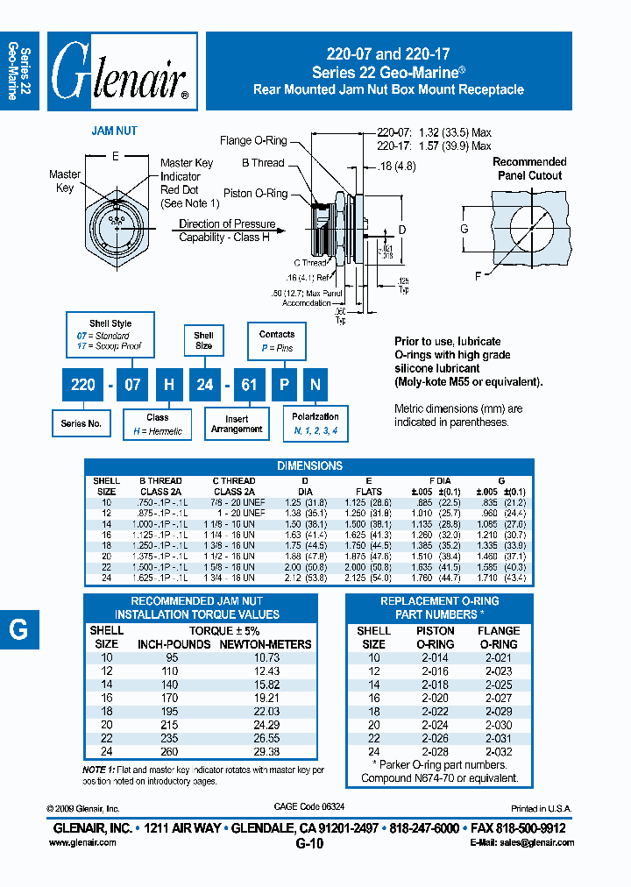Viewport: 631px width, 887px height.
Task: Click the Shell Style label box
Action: tap(110, 330)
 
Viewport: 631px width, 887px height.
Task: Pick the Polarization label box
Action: tap(315, 424)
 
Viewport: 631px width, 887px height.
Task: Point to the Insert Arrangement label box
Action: tap(237, 424)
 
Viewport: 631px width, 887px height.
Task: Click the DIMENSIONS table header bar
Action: tap(309, 465)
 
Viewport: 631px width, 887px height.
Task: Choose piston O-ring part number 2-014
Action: tap(435, 657)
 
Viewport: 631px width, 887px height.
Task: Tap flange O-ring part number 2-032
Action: tap(499, 752)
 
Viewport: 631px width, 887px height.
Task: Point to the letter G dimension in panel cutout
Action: tap(464, 230)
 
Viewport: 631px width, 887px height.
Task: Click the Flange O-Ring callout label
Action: tap(252, 139)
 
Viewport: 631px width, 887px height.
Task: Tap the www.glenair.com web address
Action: tap(82, 842)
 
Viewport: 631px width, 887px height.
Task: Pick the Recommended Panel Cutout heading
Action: tap(529, 168)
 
